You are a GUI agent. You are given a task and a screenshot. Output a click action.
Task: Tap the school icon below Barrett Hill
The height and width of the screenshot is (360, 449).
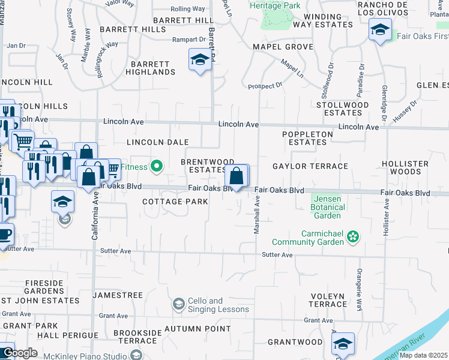click(200, 60)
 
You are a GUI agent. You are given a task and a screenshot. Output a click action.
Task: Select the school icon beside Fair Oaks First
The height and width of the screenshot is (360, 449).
click(380, 31)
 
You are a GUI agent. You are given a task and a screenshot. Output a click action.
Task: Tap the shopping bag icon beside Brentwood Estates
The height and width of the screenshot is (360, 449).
click(237, 176)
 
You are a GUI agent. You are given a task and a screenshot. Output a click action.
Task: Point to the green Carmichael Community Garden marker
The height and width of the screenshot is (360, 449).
click(353, 238)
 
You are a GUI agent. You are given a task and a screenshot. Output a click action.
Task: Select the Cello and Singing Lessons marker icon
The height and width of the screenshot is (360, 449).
click(178, 305)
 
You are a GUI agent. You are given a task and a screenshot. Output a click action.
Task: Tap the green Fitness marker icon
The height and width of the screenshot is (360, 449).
click(157, 166)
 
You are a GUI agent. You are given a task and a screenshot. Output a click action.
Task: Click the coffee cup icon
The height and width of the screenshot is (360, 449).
click(4, 234)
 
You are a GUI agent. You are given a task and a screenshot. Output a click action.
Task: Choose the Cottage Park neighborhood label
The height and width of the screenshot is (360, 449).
click(175, 202)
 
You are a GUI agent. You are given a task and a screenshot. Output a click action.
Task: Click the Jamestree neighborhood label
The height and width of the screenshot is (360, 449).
click(118, 296)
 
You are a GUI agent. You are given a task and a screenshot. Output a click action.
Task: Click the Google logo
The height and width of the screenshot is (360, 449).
click(19, 353)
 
